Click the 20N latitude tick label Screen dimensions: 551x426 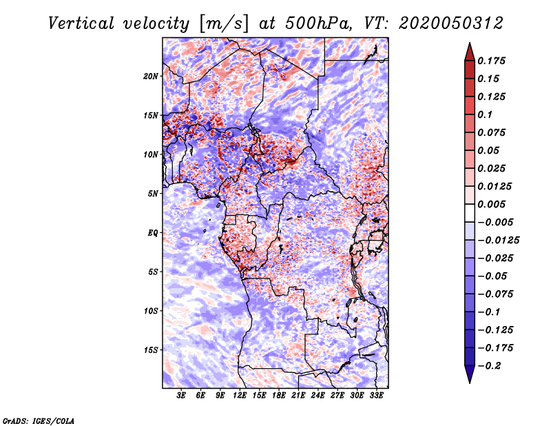tap(151, 77)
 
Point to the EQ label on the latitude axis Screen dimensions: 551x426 tap(153, 233)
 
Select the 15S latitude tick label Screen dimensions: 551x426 tap(151, 350)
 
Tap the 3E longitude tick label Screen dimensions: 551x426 tap(181, 396)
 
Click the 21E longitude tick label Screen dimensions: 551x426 tap(298, 396)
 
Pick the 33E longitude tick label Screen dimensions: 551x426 tap(376, 396)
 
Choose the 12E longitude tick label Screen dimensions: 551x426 tap(240, 396)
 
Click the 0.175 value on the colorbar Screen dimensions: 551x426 tap(492, 61)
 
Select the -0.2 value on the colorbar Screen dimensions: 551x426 tap(489, 366)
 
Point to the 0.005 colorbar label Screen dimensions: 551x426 tap(492, 204)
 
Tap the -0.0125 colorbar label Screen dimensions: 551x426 tap(498, 241)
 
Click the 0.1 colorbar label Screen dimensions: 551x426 tap(485, 114)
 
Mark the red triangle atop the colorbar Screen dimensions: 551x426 tap(470, 52)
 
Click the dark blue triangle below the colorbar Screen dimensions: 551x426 tap(470, 374)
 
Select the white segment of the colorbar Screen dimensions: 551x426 tap(470, 213)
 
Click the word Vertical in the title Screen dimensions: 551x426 tap(81, 23)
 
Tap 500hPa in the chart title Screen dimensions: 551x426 tap(319, 23)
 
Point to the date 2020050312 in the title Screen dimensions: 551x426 tap(451, 23)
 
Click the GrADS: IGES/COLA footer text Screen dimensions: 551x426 tap(39, 421)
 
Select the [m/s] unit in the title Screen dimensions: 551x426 tap(224, 23)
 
